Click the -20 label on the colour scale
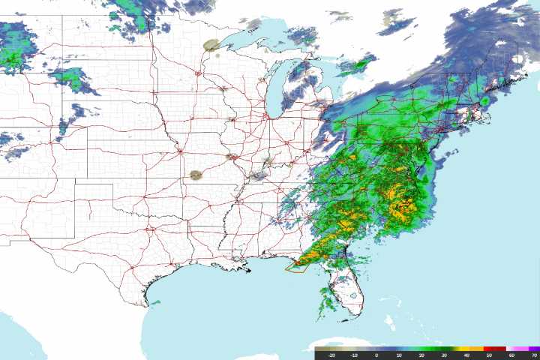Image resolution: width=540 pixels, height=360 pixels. point(331,355)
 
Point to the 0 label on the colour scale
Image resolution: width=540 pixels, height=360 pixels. point(376,355)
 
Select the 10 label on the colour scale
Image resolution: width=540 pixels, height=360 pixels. point(399,355)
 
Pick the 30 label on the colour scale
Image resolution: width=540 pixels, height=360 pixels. point(444,355)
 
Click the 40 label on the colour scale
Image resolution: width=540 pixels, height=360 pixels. point(466,355)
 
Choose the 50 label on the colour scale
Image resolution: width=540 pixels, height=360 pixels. point(489,355)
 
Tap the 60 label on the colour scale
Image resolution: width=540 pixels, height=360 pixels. point(511,355)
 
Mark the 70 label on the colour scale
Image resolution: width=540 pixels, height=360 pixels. point(533,355)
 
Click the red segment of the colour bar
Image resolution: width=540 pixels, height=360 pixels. point(495,348)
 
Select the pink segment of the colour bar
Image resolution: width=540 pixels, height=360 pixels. point(517,348)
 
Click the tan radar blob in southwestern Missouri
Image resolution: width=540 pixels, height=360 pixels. point(196,175)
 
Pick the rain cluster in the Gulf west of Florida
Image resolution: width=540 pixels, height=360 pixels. point(328,301)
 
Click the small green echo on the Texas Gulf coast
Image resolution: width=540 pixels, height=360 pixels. point(156,302)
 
